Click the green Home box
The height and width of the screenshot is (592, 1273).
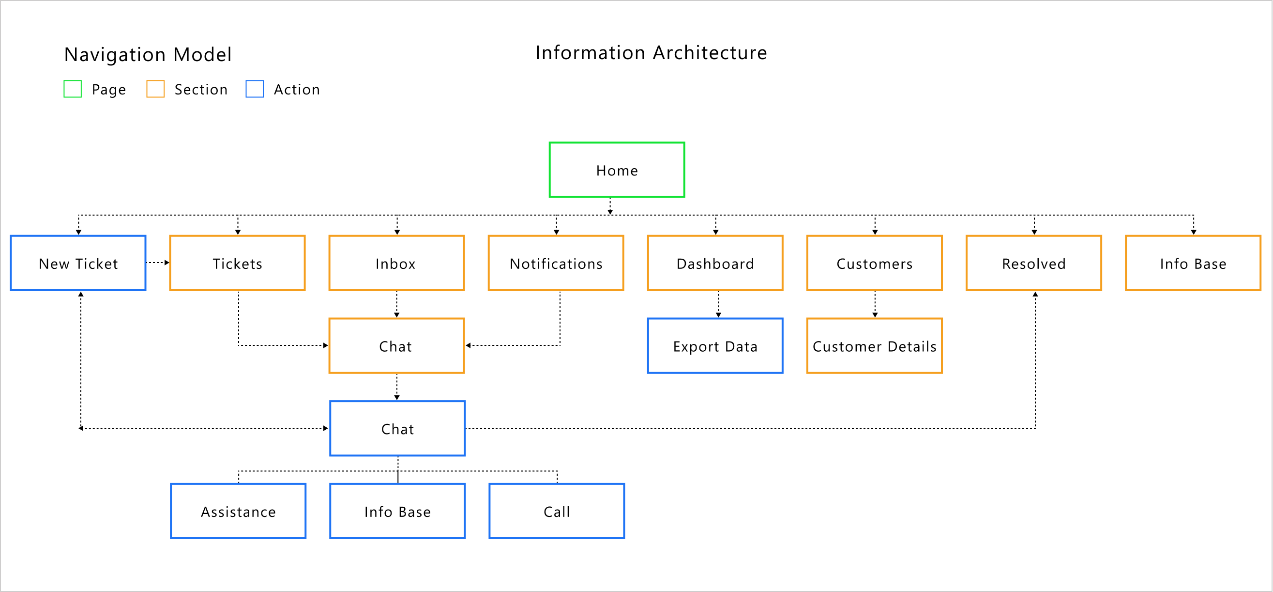pyautogui.click(x=617, y=170)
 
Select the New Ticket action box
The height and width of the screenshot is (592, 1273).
pyautogui.click(x=78, y=263)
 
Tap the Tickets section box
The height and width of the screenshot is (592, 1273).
pyautogui.click(x=237, y=263)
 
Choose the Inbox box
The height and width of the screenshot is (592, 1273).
pyautogui.click(x=396, y=263)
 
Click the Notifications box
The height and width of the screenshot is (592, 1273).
pyautogui.click(x=556, y=263)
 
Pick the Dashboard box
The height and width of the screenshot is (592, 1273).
pyautogui.click(x=715, y=263)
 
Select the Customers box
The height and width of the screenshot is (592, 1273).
pyautogui.click(x=874, y=263)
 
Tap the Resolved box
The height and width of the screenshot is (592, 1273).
pyautogui.click(x=1034, y=263)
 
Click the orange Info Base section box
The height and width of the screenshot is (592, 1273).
pyautogui.click(x=1193, y=263)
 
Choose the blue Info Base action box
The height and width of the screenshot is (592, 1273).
pyautogui.click(x=397, y=512)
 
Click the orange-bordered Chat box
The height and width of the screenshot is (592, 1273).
pyautogui.click(x=396, y=346)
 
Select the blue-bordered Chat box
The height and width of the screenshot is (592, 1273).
pyautogui.click(x=397, y=428)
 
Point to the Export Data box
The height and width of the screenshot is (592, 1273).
pyautogui.click(x=715, y=346)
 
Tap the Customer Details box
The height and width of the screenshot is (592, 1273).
pyautogui.click(x=874, y=346)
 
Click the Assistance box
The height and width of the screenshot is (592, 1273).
pyautogui.click(x=238, y=512)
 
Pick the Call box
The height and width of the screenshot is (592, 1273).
pyautogui.click(x=557, y=512)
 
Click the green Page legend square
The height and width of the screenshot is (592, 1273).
pyautogui.click(x=73, y=89)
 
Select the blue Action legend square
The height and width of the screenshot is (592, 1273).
pyautogui.click(x=255, y=89)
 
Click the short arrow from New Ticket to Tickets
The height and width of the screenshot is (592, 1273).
pyautogui.click(x=158, y=263)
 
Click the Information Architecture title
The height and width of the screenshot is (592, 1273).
pyautogui.click(x=651, y=53)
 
